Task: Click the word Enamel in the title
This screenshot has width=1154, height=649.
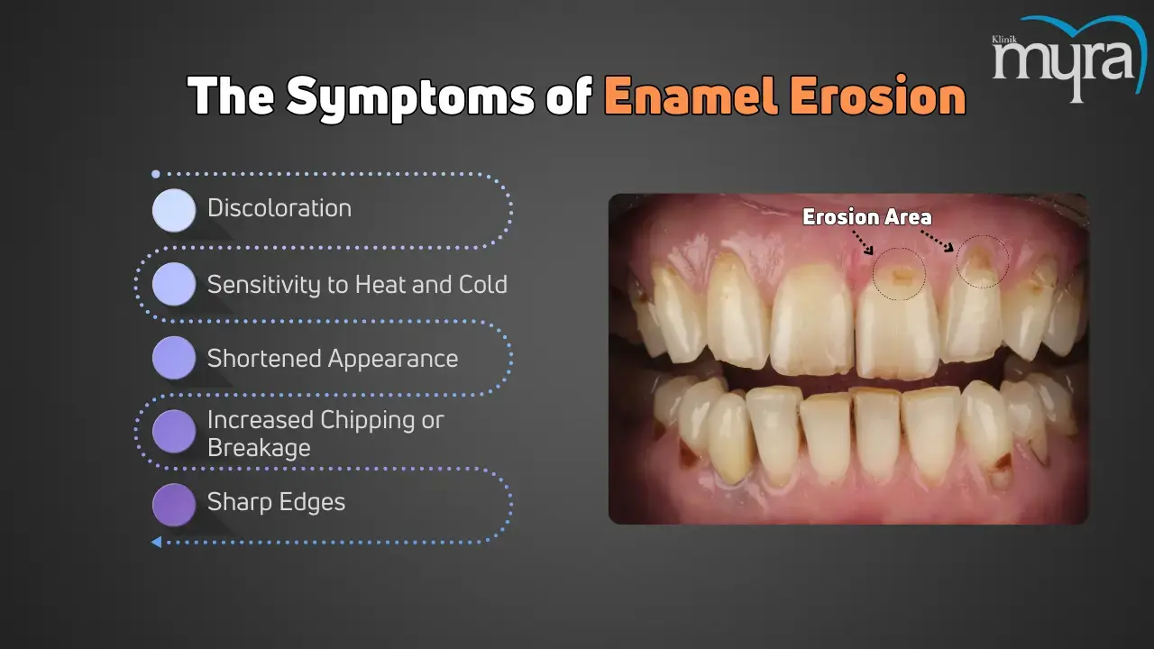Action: (x=691, y=96)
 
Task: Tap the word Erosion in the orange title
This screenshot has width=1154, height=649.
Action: (x=876, y=96)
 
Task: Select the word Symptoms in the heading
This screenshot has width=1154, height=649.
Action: (x=410, y=98)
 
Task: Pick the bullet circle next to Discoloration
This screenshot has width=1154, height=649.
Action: (x=174, y=210)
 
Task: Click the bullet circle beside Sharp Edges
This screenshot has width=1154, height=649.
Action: (x=174, y=505)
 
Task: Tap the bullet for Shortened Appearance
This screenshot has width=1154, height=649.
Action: (x=174, y=358)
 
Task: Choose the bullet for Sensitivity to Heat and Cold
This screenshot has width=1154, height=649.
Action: (x=174, y=284)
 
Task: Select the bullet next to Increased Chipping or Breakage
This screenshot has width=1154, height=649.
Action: (x=174, y=432)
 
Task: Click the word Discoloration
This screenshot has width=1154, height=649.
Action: (x=279, y=208)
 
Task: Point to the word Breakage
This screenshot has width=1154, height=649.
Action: (x=259, y=448)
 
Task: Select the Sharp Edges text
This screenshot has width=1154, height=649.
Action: (x=276, y=502)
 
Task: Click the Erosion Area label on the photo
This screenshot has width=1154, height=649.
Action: (x=867, y=217)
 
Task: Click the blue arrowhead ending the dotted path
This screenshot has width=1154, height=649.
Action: (x=156, y=542)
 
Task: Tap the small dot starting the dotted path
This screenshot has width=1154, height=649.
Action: (x=156, y=174)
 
